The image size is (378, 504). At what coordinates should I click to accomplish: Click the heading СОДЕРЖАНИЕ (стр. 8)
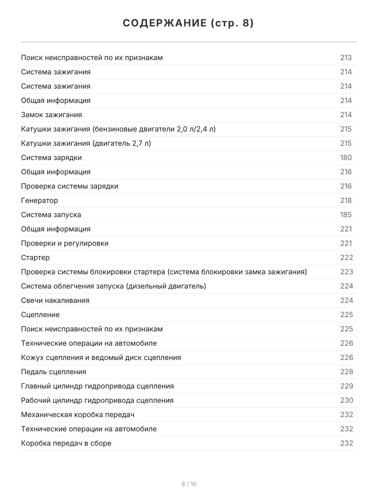click(x=189, y=24)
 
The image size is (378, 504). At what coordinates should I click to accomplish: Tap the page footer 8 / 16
click(x=189, y=484)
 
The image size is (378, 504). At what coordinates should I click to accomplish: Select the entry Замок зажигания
click(x=52, y=115)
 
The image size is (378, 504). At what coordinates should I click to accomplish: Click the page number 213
click(x=346, y=58)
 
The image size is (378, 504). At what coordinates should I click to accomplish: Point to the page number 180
click(x=346, y=157)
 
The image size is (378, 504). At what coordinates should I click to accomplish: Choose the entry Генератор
click(x=39, y=200)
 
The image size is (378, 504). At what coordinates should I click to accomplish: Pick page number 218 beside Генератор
click(x=346, y=200)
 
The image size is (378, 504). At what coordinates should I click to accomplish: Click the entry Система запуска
click(x=51, y=215)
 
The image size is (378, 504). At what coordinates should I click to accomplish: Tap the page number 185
click(x=346, y=215)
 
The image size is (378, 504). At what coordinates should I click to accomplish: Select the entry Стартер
click(x=35, y=257)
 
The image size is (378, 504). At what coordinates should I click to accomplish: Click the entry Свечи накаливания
click(x=55, y=300)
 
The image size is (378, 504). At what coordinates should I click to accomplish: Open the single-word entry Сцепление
click(x=40, y=315)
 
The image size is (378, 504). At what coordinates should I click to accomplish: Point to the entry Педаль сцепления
click(x=54, y=372)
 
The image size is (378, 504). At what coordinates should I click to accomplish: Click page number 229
click(x=346, y=386)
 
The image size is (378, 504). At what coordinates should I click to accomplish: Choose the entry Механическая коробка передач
click(x=78, y=415)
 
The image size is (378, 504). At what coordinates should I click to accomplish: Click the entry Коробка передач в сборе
click(x=66, y=443)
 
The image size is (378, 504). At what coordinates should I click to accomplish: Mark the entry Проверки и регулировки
click(x=65, y=243)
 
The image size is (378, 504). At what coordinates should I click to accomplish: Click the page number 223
click(x=346, y=272)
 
